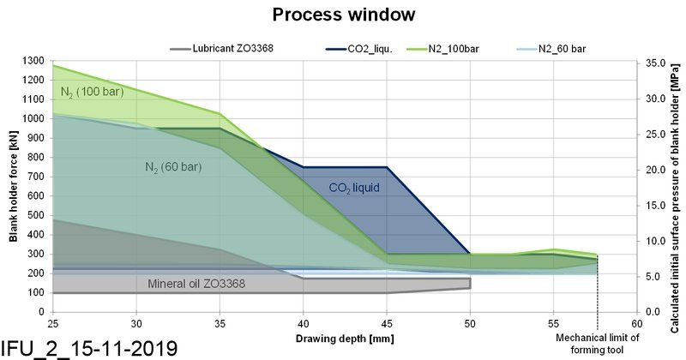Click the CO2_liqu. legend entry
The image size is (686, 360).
(x=371, y=48)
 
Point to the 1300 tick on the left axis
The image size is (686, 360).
(x=33, y=61)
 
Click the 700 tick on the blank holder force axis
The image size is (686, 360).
(x=36, y=177)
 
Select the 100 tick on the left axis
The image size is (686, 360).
(x=36, y=292)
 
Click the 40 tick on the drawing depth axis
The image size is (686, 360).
(x=303, y=323)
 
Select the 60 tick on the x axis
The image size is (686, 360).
(x=636, y=323)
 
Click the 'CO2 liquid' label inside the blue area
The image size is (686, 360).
(x=354, y=186)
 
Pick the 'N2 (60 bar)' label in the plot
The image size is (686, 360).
(x=172, y=166)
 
